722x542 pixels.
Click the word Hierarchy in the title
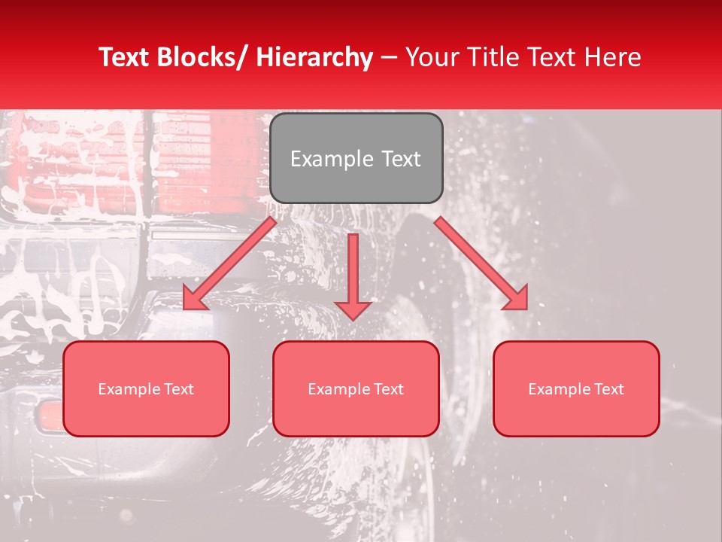314,57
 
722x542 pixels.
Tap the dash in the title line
389,57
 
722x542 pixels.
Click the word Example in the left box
128,389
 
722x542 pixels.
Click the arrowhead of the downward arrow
353,309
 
